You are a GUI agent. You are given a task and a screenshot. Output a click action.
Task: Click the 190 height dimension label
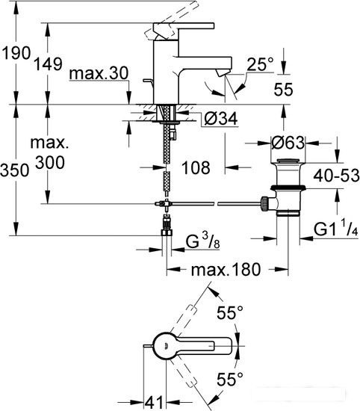(x=16, y=53)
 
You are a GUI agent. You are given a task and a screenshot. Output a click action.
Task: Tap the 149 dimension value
(x=49, y=64)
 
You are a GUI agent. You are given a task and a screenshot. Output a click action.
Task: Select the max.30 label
(x=99, y=73)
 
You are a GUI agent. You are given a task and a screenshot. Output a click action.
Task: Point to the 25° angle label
(x=260, y=64)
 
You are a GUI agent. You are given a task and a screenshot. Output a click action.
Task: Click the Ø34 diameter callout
(x=221, y=119)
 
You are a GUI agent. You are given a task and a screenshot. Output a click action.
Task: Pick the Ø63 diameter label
(x=288, y=143)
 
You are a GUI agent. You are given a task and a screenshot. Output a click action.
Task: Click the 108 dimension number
(x=196, y=167)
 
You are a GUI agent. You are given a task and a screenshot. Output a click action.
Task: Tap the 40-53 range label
(x=336, y=176)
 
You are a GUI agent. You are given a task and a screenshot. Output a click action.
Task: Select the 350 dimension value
(x=15, y=170)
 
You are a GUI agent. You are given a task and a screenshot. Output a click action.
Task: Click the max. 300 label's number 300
(x=50, y=162)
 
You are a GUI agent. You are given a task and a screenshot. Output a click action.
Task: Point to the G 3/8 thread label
(x=202, y=241)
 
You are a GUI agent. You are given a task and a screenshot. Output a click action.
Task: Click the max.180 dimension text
(x=226, y=270)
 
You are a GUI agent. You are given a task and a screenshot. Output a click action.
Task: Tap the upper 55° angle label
(x=230, y=312)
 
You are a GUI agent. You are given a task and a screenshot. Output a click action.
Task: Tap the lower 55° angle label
(x=230, y=379)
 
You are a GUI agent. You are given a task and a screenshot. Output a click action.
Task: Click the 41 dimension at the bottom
(x=154, y=402)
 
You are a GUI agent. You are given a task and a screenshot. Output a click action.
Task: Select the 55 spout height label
(x=283, y=90)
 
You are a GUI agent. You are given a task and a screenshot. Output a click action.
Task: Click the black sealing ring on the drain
(x=288, y=188)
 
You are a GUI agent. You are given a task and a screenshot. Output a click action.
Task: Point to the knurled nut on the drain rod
(x=264, y=203)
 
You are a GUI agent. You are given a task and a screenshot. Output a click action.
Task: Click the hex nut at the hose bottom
(x=167, y=232)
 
